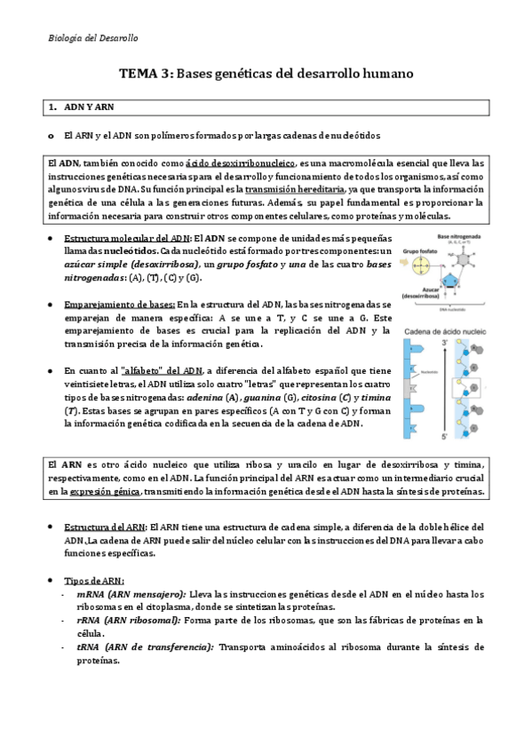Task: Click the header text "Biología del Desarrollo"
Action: pos(92,39)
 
